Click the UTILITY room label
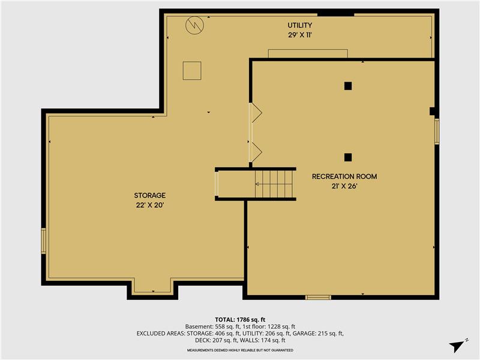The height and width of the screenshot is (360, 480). (299, 25)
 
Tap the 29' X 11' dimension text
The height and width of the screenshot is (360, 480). (299, 35)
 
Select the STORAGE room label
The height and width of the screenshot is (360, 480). (150, 196)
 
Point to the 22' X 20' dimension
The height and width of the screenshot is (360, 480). (150, 205)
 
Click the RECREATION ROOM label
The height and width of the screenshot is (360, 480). (344, 176)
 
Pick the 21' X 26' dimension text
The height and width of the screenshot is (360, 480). (344, 186)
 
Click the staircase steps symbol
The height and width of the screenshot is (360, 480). (274, 184)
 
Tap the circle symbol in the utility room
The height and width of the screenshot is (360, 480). (194, 25)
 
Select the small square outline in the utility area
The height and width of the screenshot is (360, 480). (192, 70)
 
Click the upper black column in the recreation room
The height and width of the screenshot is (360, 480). (347, 86)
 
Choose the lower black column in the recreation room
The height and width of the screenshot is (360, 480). (347, 157)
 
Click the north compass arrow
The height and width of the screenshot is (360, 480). (458, 344)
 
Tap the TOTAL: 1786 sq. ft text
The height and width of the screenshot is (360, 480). (240, 319)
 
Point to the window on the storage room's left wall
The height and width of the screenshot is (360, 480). (44, 241)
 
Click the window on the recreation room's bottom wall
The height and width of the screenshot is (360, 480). (318, 297)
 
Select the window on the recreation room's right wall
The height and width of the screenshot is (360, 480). (437, 131)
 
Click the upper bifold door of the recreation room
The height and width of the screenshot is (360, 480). (255, 112)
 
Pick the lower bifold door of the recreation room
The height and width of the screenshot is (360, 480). (255, 152)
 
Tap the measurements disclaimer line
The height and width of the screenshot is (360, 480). (240, 350)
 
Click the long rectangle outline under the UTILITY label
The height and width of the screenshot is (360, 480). (308, 53)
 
